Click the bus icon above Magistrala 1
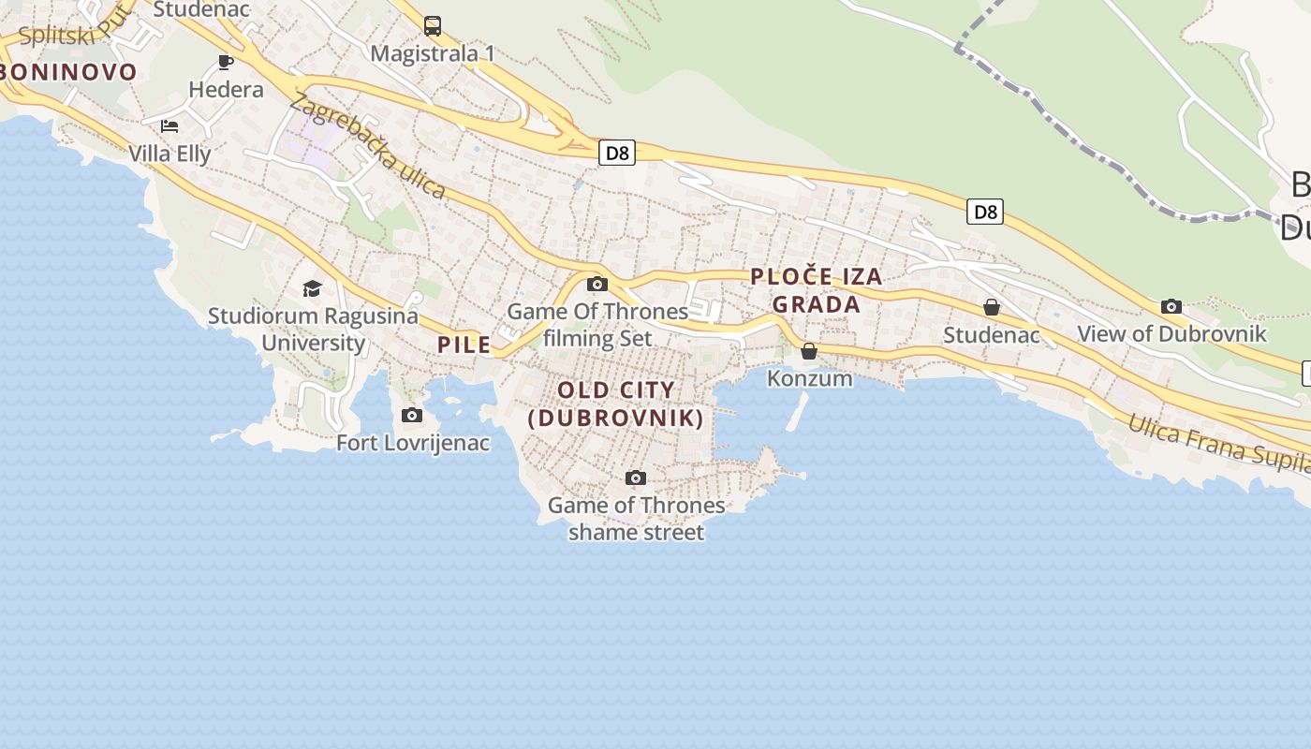click(x=433, y=26)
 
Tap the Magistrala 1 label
click(x=433, y=53)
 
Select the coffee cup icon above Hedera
click(x=226, y=63)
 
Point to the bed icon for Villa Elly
click(x=169, y=126)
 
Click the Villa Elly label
click(x=169, y=154)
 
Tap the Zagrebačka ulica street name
click(x=367, y=146)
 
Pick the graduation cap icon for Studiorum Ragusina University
click(x=313, y=288)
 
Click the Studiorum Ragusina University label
click(x=313, y=329)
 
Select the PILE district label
click(x=464, y=345)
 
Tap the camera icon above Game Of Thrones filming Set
click(x=597, y=285)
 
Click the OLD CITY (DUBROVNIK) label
click(x=616, y=404)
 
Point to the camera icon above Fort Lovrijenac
click(x=412, y=416)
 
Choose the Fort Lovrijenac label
click(x=413, y=443)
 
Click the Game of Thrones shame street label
click(x=636, y=519)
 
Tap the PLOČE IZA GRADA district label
click(x=817, y=290)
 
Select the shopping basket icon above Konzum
click(x=809, y=351)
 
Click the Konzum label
click(x=810, y=378)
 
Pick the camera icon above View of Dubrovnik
click(x=1171, y=307)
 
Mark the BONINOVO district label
click(x=67, y=71)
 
